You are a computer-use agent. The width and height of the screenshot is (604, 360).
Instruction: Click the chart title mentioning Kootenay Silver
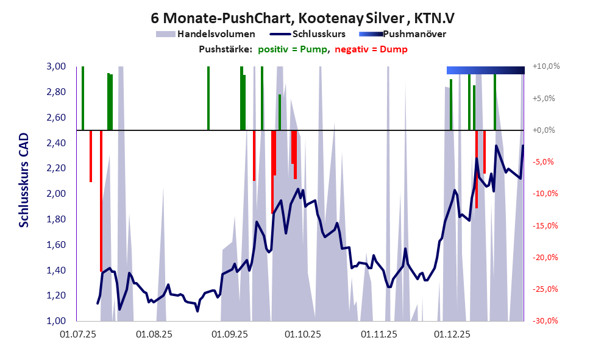[x=302, y=19]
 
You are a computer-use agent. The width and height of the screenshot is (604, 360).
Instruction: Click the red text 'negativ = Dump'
[x=371, y=49]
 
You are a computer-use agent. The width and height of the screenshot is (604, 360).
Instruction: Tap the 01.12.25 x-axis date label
[x=452, y=334]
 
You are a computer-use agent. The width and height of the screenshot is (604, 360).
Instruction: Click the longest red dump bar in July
[x=101, y=201]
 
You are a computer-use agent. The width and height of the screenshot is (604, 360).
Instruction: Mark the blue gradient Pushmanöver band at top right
[x=485, y=70]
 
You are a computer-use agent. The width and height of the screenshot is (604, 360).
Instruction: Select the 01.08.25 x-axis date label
[x=154, y=334]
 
